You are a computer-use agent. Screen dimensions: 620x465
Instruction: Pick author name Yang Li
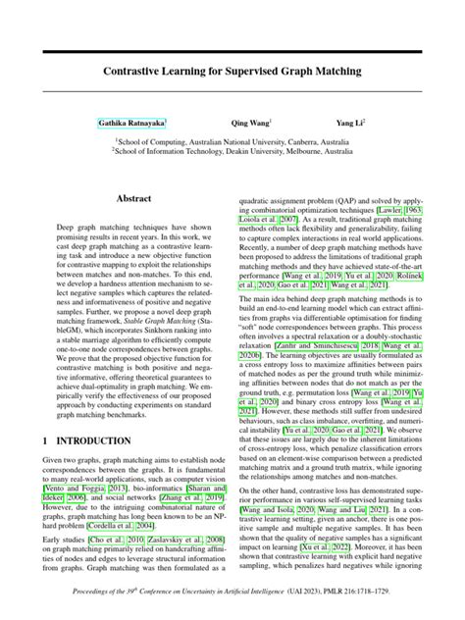pyautogui.click(x=349, y=125)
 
